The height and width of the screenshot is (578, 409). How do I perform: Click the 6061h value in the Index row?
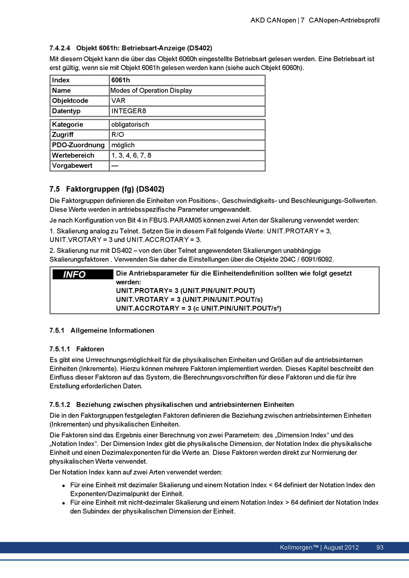coord(121,80)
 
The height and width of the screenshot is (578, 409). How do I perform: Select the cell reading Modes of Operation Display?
coord(151,91)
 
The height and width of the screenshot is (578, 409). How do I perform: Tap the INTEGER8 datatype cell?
coord(129,111)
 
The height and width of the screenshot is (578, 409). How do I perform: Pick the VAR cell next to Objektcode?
coord(118,101)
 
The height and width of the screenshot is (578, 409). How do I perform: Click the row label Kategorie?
coord(68,125)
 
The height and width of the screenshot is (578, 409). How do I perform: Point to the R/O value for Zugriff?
coord(118,135)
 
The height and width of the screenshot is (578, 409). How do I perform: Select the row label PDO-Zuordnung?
coord(78,145)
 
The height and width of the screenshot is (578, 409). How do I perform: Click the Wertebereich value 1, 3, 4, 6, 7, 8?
coord(131,156)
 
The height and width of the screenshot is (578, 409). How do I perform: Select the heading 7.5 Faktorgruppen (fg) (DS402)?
coord(107,189)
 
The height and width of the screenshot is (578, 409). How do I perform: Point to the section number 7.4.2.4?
coord(60,48)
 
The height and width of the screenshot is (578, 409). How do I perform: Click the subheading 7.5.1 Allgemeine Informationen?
coord(102,331)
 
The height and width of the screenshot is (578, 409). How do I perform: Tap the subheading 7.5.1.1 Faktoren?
coord(77,349)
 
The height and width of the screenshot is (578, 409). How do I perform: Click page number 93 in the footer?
coord(380,547)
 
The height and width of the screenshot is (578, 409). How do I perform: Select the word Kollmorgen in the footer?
coord(296,547)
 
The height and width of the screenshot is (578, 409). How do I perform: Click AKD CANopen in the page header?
coord(273,20)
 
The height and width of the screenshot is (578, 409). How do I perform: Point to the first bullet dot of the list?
coord(63,486)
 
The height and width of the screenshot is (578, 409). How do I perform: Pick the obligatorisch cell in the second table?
coord(130,125)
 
